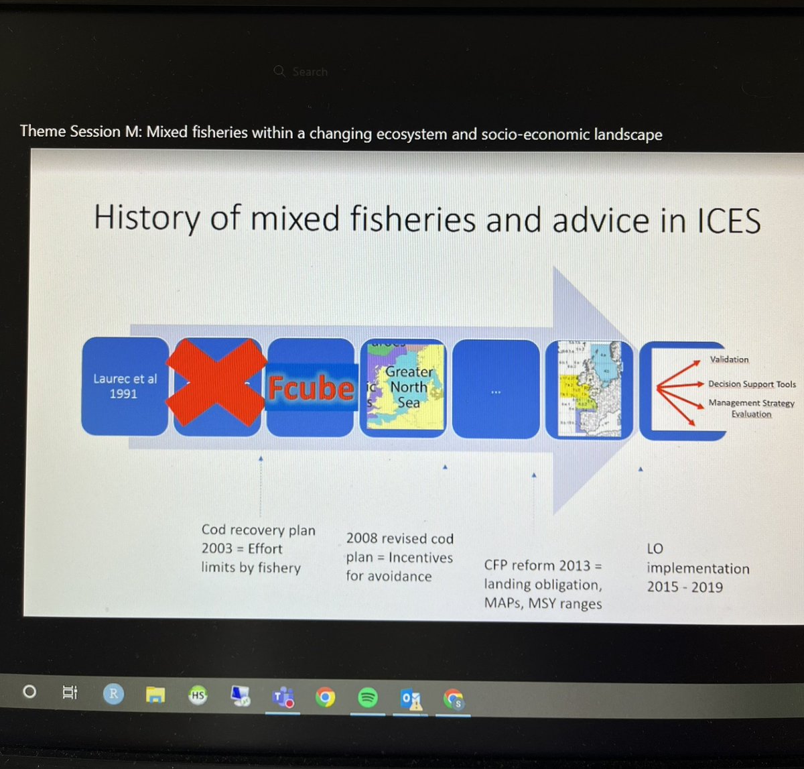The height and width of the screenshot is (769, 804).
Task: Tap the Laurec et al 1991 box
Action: [125, 386]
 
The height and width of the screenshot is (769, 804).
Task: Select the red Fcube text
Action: [311, 388]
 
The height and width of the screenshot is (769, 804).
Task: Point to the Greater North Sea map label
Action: [409, 387]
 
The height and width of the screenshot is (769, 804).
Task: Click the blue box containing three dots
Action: [495, 389]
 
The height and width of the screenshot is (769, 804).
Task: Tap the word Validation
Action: [729, 359]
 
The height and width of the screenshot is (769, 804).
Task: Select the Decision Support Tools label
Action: [752, 384]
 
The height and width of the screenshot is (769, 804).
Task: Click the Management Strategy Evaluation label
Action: [751, 408]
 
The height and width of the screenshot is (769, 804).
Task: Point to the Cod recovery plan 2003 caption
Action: [258, 548]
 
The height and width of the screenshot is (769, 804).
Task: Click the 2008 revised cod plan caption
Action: [399, 557]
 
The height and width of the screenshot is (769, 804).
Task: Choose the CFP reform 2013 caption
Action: [543, 584]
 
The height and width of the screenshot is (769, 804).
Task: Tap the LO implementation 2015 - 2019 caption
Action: [697, 568]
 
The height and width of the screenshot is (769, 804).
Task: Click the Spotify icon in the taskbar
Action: [367, 698]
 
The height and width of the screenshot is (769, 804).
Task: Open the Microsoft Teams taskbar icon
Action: [283, 698]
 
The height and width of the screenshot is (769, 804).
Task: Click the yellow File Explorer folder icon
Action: [155, 695]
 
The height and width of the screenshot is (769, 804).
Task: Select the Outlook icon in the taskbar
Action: [411, 699]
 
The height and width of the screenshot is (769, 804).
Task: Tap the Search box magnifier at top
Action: [280, 71]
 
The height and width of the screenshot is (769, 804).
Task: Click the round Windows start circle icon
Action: [29, 691]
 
